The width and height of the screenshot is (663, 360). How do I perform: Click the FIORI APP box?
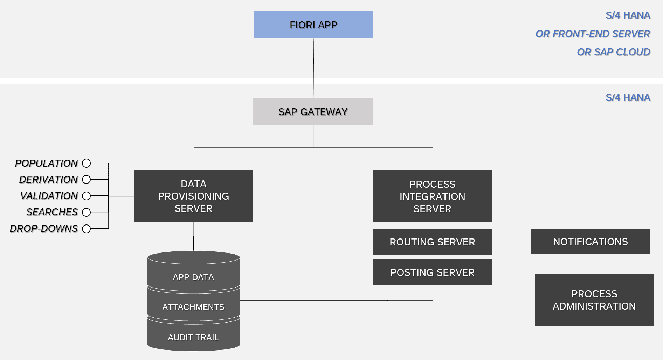tap(313, 25)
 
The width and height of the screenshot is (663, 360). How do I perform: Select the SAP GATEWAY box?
tap(313, 112)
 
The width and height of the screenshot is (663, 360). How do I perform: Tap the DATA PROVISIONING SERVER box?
tap(193, 196)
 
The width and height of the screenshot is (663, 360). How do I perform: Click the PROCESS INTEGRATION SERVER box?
tap(432, 196)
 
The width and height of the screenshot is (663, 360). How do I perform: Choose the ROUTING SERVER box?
tap(432, 242)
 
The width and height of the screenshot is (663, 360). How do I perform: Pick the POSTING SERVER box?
tap(432, 272)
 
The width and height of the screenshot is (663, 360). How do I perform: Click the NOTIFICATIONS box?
tap(591, 242)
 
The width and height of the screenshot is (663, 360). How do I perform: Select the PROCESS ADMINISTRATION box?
tap(594, 300)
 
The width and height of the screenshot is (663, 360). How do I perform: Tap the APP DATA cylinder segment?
tap(193, 277)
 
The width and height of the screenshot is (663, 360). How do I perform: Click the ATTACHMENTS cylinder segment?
tap(193, 307)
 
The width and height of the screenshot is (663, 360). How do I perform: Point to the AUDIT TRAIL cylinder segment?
tap(193, 337)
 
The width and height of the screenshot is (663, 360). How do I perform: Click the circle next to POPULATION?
tap(86, 163)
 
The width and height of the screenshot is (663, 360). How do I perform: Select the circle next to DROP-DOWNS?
tap(86, 229)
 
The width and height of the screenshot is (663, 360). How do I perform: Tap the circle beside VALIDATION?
tap(86, 196)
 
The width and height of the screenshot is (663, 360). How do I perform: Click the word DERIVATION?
tap(48, 179)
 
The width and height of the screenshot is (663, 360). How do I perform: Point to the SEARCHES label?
tap(52, 212)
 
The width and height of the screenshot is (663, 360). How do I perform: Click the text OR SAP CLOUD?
tap(613, 52)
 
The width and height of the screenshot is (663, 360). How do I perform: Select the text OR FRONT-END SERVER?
tap(593, 34)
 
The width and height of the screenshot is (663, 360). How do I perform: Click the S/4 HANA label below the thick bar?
tap(628, 97)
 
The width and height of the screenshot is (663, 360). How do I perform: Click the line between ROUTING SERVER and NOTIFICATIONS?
tap(511, 242)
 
